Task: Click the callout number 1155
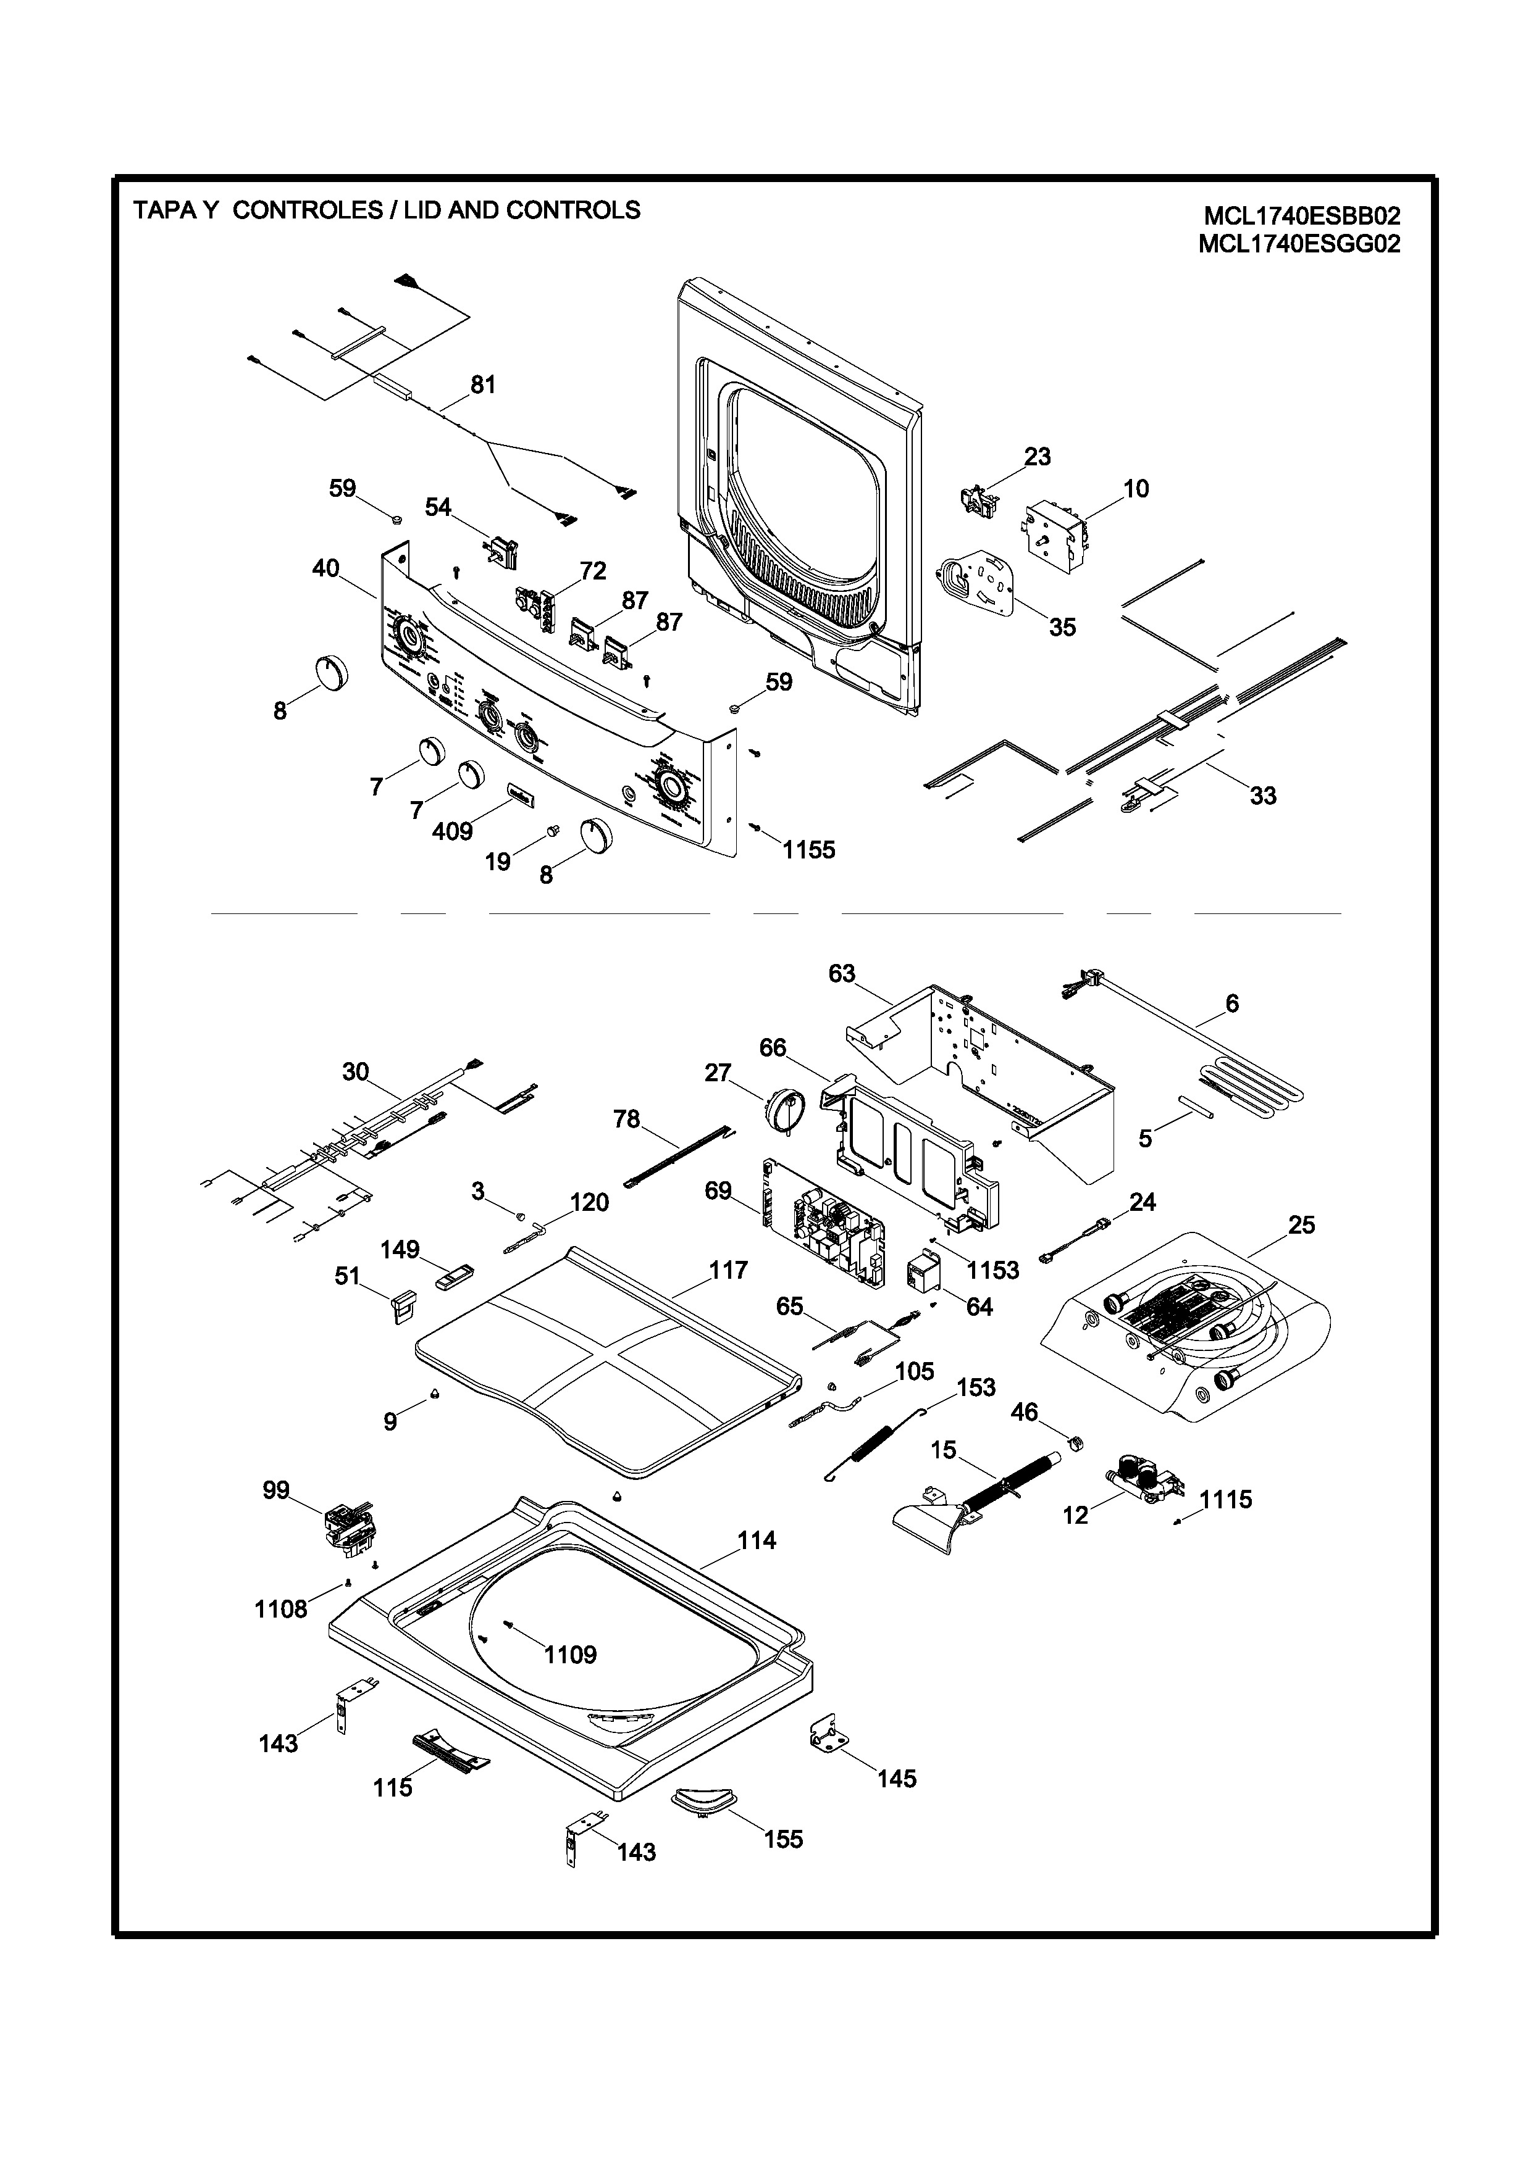[808, 850]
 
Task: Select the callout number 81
[483, 384]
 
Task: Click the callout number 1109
[570, 1654]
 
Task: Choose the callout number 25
[1302, 1225]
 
